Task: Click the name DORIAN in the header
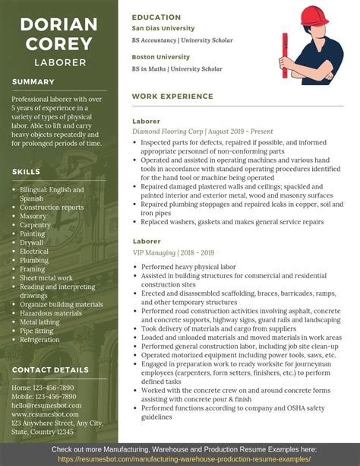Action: [x=58, y=24]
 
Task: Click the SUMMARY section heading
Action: [x=33, y=81]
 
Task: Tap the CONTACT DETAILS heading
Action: [x=50, y=369]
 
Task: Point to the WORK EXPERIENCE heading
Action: [x=172, y=97]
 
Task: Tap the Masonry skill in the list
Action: [x=33, y=216]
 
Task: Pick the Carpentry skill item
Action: [x=36, y=225]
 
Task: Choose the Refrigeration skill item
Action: [x=41, y=340]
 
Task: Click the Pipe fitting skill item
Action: [x=38, y=331]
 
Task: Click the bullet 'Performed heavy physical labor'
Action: [x=189, y=267]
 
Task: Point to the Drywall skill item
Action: [x=32, y=243]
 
